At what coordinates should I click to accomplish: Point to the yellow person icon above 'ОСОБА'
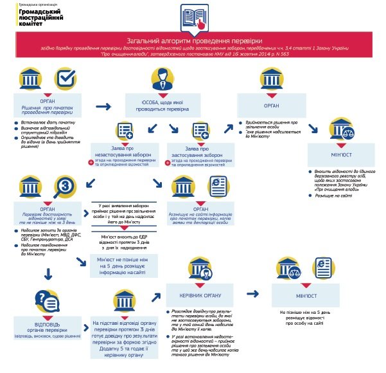click(x=162, y=80)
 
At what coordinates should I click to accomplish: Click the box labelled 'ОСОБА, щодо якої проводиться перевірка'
click(x=161, y=105)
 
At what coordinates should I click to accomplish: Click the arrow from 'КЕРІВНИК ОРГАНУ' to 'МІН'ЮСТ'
click(x=252, y=293)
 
